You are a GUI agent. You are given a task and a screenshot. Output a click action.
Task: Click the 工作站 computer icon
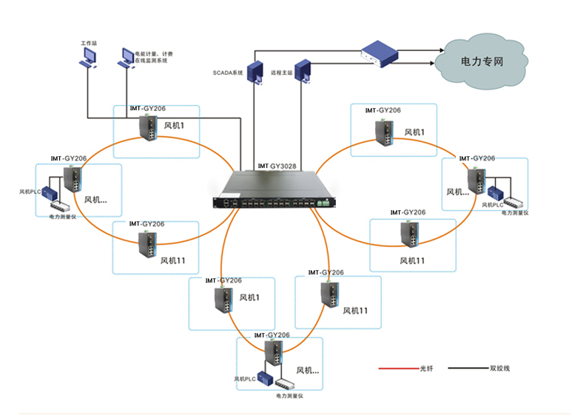click(x=87, y=59)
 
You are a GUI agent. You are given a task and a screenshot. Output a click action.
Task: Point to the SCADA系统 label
click(x=228, y=73)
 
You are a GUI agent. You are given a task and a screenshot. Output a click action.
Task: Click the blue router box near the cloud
click(x=382, y=53)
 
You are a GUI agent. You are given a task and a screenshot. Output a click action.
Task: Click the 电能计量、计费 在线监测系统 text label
click(x=151, y=57)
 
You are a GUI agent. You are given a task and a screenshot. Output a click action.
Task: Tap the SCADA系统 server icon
click(x=256, y=72)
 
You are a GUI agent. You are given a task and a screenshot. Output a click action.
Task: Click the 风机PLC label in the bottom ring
click(x=246, y=379)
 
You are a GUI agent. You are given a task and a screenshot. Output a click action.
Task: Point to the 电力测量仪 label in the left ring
click(x=62, y=217)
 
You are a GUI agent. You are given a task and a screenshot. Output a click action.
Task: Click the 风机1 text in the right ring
click(x=414, y=132)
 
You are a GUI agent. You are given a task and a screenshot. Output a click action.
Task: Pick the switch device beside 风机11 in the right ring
click(x=408, y=234)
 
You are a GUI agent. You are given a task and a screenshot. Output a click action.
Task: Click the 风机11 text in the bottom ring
click(x=355, y=311)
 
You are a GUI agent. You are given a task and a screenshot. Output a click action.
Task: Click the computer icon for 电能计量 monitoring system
click(x=125, y=59)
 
